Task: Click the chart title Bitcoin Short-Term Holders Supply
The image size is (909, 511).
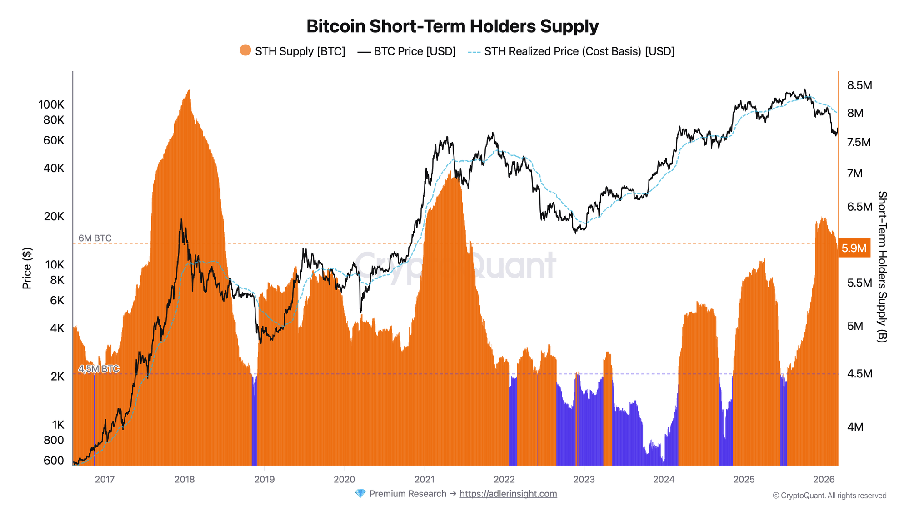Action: pyautogui.click(x=452, y=26)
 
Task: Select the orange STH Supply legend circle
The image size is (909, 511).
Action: pyautogui.click(x=245, y=50)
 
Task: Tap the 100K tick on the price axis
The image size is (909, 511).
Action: pyautogui.click(x=51, y=105)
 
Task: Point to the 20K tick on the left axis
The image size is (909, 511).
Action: pyautogui.click(x=54, y=217)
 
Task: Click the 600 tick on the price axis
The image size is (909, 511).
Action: pyautogui.click(x=54, y=461)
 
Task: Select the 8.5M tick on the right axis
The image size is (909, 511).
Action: pyautogui.click(x=859, y=85)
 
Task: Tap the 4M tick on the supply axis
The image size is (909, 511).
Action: pyautogui.click(x=855, y=427)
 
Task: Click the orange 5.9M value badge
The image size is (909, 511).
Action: pyautogui.click(x=854, y=248)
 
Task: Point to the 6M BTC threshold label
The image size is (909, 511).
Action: pyautogui.click(x=95, y=238)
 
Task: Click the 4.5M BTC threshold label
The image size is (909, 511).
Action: pyautogui.click(x=99, y=369)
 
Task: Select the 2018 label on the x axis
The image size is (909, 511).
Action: pyautogui.click(x=185, y=480)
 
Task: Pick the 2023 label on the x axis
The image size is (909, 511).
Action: pyautogui.click(x=584, y=480)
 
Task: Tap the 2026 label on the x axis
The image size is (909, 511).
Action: pyautogui.click(x=824, y=480)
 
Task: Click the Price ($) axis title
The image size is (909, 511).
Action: pyautogui.click(x=27, y=268)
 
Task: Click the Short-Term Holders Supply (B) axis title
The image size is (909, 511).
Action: pyautogui.click(x=882, y=267)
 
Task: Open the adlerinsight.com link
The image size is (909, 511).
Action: pyautogui.click(x=508, y=494)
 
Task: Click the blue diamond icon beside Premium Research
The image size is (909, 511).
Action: pyautogui.click(x=360, y=494)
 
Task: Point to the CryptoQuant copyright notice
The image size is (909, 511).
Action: pyautogui.click(x=829, y=496)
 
